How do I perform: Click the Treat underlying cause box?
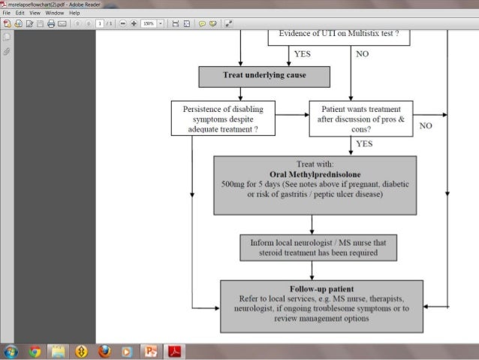click(264, 76)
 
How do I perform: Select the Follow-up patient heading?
click(321, 289)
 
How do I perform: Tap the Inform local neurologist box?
click(318, 247)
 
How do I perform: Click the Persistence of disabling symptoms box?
click(223, 119)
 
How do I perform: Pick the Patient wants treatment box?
click(361, 119)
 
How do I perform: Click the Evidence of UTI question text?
click(339, 34)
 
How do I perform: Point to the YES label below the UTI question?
click(302, 54)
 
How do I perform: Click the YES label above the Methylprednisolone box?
click(365, 143)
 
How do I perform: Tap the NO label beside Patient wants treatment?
click(426, 126)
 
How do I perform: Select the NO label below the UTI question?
click(362, 54)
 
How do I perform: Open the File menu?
click(8, 13)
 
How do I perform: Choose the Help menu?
click(74, 13)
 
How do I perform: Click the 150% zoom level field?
click(148, 23)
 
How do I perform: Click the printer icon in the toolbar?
click(51, 23)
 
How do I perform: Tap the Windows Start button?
click(11, 351)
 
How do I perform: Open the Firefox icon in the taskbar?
click(104, 351)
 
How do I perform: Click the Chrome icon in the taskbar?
click(35, 351)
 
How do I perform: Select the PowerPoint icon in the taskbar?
click(150, 351)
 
